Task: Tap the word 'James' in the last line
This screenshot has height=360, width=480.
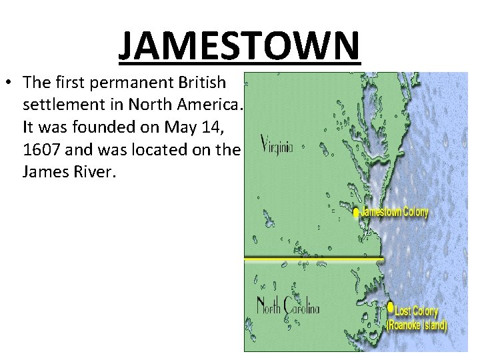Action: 47,172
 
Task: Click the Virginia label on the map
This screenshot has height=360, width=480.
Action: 276,145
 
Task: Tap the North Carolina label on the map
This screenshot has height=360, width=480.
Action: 288,307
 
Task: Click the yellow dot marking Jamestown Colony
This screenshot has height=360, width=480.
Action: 356,213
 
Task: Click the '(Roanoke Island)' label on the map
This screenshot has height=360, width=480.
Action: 417,325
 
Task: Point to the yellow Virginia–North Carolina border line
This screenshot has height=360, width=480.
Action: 313,258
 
